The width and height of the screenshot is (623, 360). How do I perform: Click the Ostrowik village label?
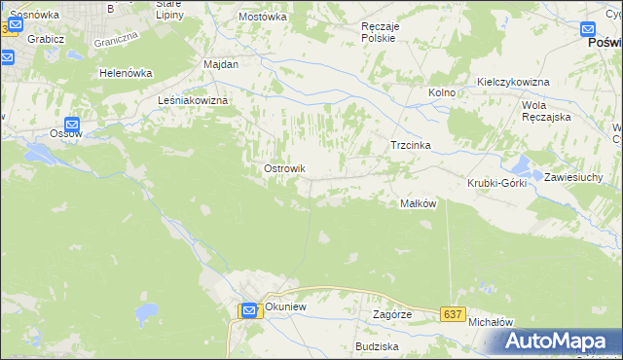click(x=284, y=168)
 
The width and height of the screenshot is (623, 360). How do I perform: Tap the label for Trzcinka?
click(x=410, y=145)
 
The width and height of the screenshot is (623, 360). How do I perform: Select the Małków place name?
click(x=418, y=203)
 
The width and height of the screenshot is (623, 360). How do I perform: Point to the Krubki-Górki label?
click(x=496, y=183)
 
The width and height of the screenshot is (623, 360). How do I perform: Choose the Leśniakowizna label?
click(x=193, y=100)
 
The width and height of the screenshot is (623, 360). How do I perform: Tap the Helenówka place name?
click(x=127, y=73)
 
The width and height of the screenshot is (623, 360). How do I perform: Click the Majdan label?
click(x=221, y=63)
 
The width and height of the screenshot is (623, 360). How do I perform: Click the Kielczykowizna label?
click(x=513, y=83)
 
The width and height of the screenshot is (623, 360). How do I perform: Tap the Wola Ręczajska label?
click(x=546, y=110)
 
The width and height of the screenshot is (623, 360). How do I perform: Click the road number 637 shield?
click(x=451, y=314)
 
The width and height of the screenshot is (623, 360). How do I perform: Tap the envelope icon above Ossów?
click(x=72, y=125)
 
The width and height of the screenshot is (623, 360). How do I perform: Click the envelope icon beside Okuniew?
click(x=249, y=310)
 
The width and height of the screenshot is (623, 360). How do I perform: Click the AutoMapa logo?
click(x=558, y=341)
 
